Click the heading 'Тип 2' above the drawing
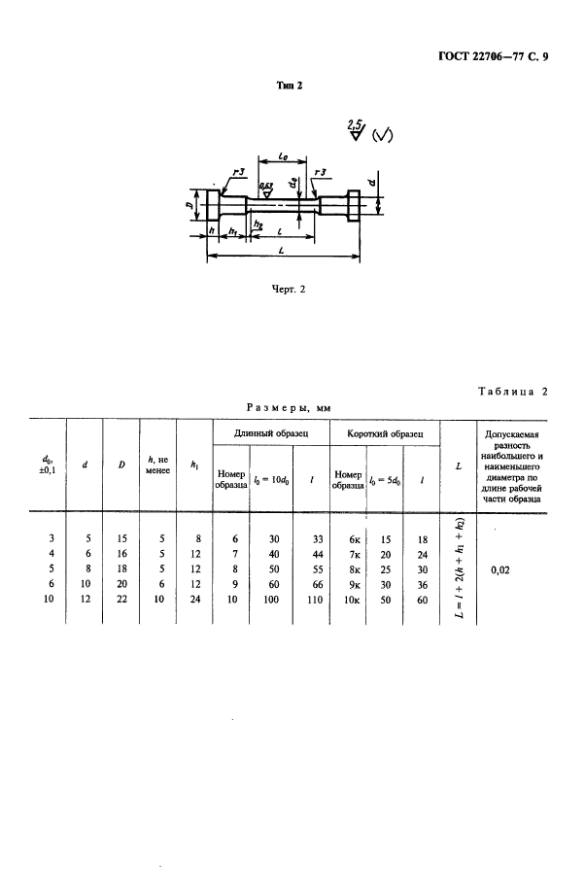(x=292, y=86)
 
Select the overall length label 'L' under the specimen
(x=282, y=251)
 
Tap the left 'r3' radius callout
(x=238, y=172)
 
